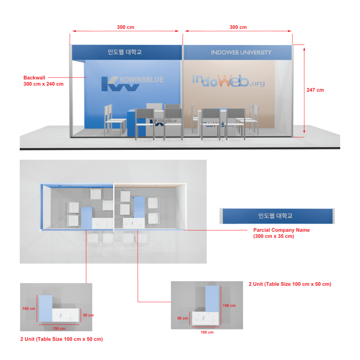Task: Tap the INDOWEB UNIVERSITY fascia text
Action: [x=241, y=53]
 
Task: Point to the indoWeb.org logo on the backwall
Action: [x=229, y=81]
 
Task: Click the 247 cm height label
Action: [x=315, y=90]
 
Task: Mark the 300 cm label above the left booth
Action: [x=126, y=27]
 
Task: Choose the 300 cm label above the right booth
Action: [x=238, y=27]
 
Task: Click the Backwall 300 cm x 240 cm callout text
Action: [x=43, y=81]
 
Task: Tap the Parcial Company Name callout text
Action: [x=281, y=233]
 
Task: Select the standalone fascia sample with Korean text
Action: [x=276, y=216]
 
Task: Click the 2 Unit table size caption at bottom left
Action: [x=62, y=339]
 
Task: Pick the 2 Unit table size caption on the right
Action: [x=290, y=284]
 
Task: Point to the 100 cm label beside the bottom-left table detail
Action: [x=29, y=309]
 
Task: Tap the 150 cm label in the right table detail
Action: [x=229, y=306]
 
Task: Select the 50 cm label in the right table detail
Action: [x=182, y=318]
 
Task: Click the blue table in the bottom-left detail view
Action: [x=45, y=308]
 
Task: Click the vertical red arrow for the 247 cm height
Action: [x=305, y=90]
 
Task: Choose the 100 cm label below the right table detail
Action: [x=207, y=333]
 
